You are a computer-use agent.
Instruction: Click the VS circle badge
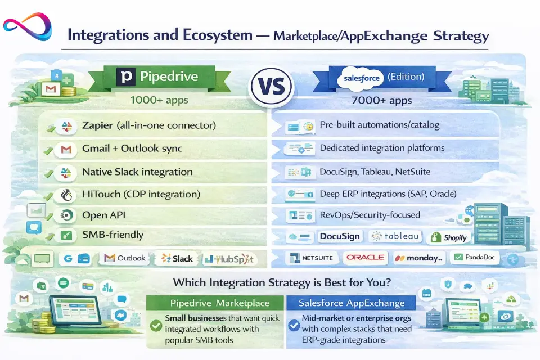click(x=272, y=86)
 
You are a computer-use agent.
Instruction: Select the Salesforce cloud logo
click(x=362, y=78)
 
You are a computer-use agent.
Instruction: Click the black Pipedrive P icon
click(x=125, y=76)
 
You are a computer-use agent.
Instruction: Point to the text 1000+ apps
click(x=159, y=100)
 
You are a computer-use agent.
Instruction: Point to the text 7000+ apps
click(x=381, y=100)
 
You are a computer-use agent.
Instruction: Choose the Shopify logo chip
click(x=449, y=237)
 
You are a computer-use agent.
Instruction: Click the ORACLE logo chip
click(x=365, y=257)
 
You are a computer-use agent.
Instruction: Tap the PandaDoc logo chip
click(x=475, y=257)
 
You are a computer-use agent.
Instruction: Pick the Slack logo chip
click(x=177, y=258)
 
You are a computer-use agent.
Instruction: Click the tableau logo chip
click(x=395, y=236)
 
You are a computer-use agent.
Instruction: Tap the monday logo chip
click(x=418, y=258)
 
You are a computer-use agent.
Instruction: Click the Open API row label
click(x=103, y=215)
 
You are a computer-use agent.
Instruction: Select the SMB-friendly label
click(x=112, y=235)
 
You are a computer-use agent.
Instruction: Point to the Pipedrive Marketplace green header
click(x=215, y=303)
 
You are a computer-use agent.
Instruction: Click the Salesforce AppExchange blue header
click(x=351, y=303)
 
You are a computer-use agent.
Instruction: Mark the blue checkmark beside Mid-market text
click(x=294, y=325)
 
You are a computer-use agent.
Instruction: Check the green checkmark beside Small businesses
click(x=156, y=326)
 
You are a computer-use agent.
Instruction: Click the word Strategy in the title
click(x=461, y=36)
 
